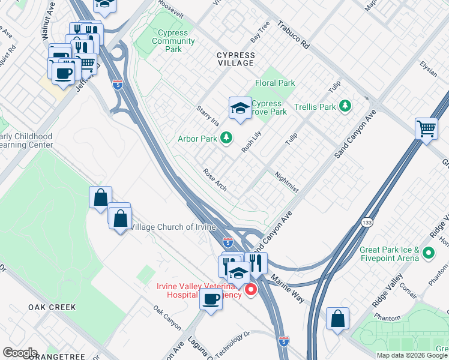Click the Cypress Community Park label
pos(173,41)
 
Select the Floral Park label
pos(275,83)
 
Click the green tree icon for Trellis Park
pos(345,106)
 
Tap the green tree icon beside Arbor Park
pos(226,139)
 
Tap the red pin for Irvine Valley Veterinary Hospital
pos(250,290)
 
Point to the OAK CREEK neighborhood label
pos(52,307)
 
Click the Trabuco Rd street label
pos(294,36)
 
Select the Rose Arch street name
pos(215,180)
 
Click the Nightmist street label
pos(286,182)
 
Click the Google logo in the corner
pos(19,353)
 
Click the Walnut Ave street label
pos(45,25)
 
